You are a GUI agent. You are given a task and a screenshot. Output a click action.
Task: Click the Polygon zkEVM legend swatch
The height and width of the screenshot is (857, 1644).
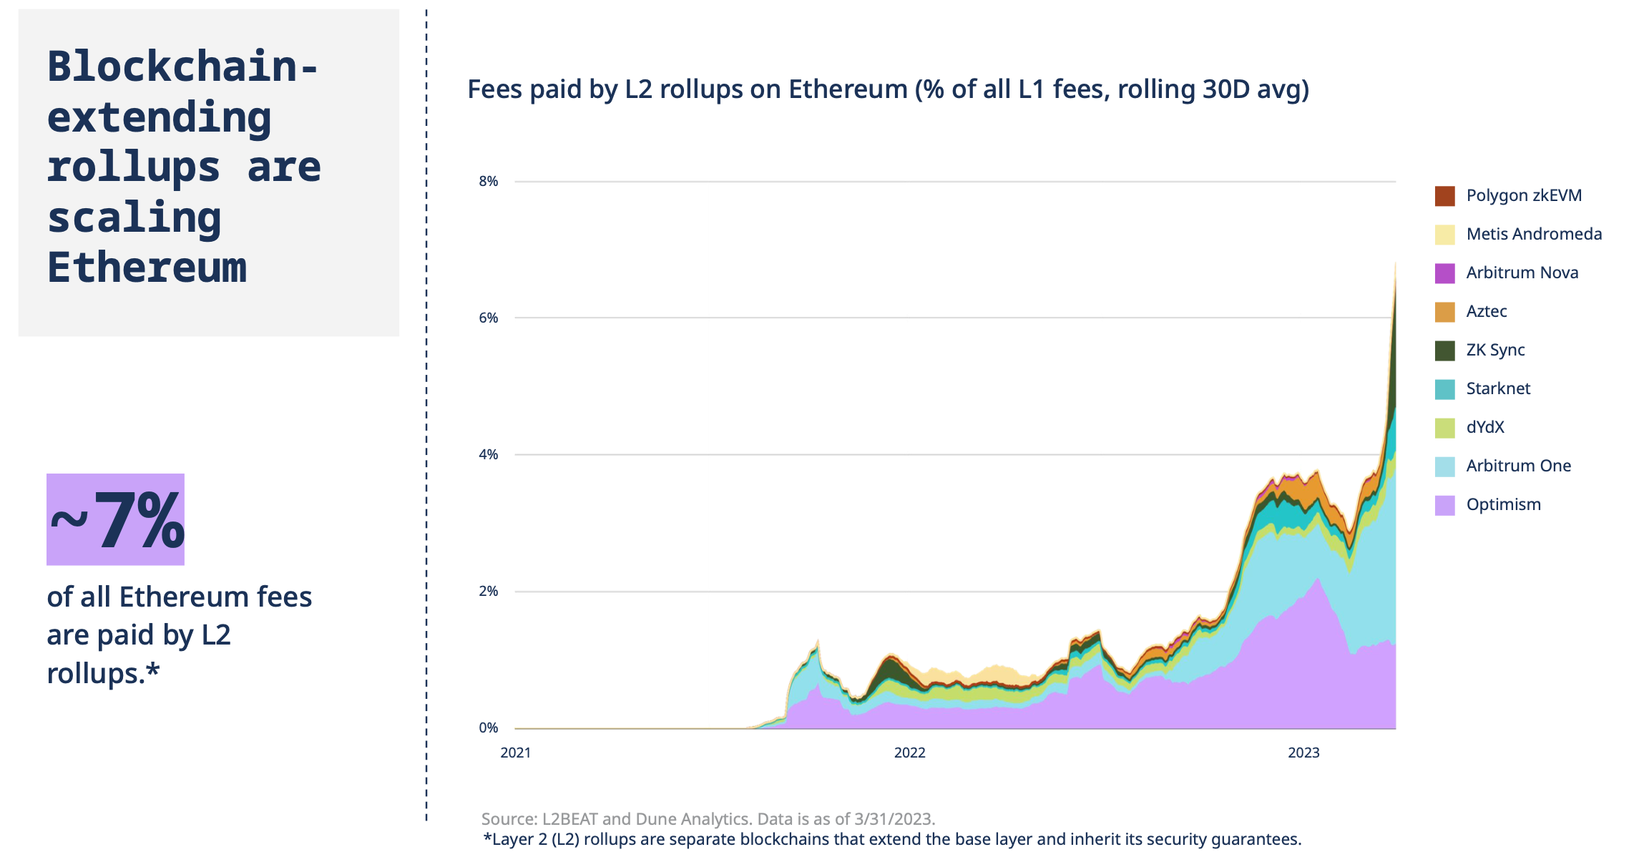click(x=1444, y=196)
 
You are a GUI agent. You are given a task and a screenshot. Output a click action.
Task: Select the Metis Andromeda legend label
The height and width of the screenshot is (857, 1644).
click(x=1533, y=234)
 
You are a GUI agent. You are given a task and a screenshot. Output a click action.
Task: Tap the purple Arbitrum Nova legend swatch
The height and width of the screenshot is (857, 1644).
click(x=1444, y=273)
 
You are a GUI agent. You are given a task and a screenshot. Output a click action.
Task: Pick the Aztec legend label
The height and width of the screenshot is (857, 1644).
click(x=1486, y=311)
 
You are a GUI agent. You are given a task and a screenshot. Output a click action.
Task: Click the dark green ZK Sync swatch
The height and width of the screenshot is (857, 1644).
click(x=1444, y=351)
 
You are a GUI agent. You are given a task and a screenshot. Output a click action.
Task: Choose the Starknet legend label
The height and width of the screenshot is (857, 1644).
click(x=1497, y=388)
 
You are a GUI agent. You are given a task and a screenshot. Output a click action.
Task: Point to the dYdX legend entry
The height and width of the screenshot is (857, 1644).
click(x=1484, y=427)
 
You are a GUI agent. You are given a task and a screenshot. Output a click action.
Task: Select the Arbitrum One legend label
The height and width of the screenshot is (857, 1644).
click(x=1518, y=466)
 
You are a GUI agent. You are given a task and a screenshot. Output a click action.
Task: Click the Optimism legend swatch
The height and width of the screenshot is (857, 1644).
click(x=1444, y=505)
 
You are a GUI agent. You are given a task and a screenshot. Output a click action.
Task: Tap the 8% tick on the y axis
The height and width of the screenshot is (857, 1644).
click(x=488, y=182)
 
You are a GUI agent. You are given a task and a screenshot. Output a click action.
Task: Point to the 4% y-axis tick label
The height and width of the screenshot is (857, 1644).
click(x=488, y=455)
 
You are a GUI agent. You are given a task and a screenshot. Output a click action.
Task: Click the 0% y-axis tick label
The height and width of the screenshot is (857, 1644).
click(x=488, y=728)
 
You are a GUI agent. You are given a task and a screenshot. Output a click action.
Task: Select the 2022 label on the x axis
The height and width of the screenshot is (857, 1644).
click(x=909, y=753)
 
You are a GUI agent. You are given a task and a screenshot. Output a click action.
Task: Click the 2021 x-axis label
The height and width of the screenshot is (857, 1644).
click(x=515, y=753)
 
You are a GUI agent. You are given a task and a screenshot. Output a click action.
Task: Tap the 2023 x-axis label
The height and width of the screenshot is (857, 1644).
click(x=1303, y=753)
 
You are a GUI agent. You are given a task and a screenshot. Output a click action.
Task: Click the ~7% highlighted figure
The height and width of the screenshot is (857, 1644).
click(x=116, y=520)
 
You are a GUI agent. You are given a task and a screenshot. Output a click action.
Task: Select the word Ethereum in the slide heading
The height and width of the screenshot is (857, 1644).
click(x=147, y=268)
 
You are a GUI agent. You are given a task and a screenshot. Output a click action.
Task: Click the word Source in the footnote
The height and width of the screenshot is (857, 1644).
click(x=509, y=819)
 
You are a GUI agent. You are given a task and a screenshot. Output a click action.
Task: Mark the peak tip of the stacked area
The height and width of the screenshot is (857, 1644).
click(x=1395, y=263)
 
